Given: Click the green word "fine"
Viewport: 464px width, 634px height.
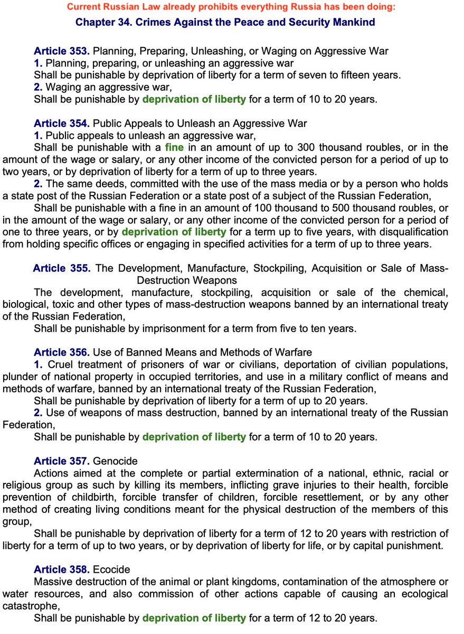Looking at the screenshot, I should pos(174,147).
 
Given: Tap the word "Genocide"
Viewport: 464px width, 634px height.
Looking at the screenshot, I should pos(115,461).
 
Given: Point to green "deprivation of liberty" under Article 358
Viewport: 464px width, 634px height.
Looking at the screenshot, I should pos(194,618).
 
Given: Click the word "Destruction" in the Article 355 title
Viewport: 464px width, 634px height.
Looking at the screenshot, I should pos(162,280).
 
